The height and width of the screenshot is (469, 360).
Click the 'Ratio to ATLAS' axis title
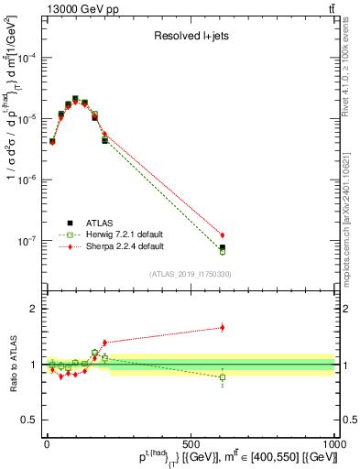pos(11,364)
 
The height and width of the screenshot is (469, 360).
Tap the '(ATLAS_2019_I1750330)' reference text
pos(190,274)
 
